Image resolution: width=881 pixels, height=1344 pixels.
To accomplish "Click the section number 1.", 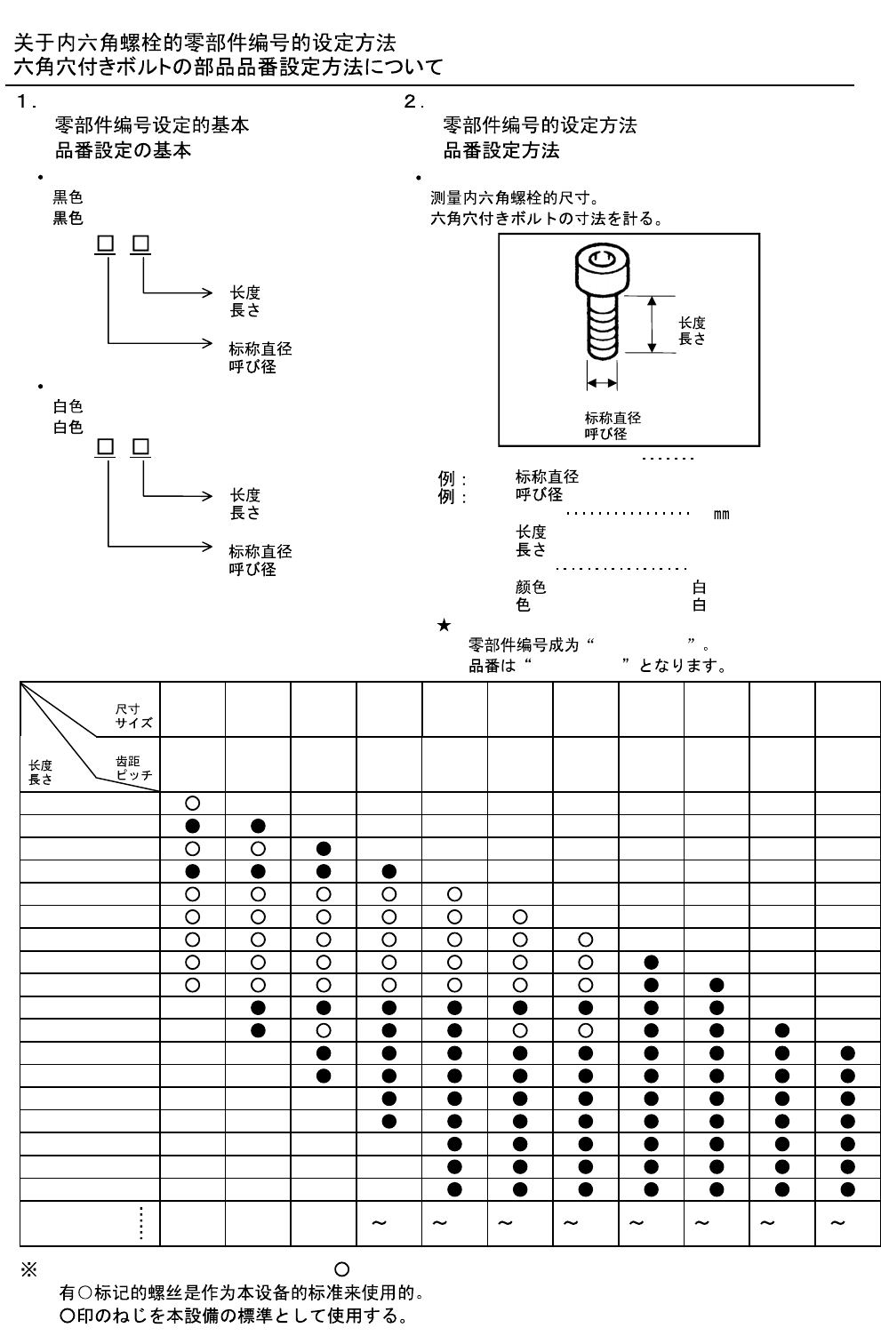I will (22, 101).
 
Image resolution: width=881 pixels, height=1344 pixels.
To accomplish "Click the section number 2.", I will (410, 101).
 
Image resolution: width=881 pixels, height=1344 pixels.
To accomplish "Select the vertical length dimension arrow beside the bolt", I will (652, 324).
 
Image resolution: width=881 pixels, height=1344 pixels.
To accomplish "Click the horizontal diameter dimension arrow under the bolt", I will (602, 383).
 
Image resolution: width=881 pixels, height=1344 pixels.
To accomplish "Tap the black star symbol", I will (444, 625).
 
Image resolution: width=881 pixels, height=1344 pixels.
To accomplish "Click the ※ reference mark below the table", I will (28, 1270).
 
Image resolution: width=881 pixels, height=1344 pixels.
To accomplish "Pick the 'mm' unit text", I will (721, 515).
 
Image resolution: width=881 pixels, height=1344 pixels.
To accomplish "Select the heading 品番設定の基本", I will (123, 150).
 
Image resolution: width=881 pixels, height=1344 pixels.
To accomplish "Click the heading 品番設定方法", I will (501, 150).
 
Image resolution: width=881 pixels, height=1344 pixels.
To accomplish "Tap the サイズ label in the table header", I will (134, 723).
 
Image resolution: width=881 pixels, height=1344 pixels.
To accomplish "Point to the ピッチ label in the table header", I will (134, 774).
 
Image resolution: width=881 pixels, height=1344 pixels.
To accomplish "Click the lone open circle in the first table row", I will (192, 804).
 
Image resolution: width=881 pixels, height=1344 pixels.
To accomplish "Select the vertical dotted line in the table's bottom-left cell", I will (140, 1223).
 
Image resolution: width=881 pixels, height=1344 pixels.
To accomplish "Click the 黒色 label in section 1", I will (68, 218).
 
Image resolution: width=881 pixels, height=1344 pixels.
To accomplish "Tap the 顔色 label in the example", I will (531, 588).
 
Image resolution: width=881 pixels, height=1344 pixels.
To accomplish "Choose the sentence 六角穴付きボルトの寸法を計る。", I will (547, 219).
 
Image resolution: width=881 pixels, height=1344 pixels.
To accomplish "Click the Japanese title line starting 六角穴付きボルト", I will (228, 67).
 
